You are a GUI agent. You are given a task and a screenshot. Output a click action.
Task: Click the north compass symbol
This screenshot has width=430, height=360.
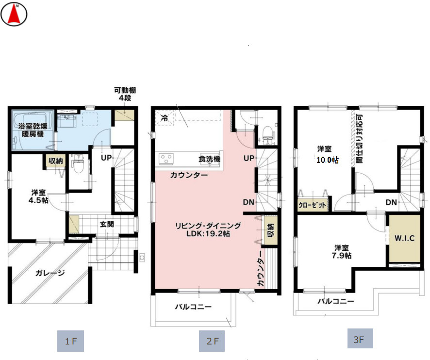(14, 14)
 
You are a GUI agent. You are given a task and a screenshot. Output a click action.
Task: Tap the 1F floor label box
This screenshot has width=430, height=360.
(71, 341)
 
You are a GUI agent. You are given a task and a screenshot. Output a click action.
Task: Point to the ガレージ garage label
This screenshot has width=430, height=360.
(50, 273)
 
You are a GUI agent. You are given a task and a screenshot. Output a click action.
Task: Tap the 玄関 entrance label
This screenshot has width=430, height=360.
(107, 224)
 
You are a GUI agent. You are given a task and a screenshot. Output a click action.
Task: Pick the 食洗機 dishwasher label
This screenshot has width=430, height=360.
(209, 159)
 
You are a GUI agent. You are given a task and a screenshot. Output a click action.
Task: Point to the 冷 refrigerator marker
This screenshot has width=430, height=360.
(164, 118)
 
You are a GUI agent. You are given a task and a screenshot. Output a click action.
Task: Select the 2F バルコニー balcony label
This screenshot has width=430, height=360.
(193, 307)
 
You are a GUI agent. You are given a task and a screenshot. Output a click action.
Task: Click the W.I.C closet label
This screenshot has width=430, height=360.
(404, 238)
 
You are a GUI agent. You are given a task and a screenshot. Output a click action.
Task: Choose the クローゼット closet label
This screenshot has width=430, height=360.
(313, 205)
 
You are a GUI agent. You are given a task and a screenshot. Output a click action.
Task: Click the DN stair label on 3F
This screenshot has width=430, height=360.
(392, 202)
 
